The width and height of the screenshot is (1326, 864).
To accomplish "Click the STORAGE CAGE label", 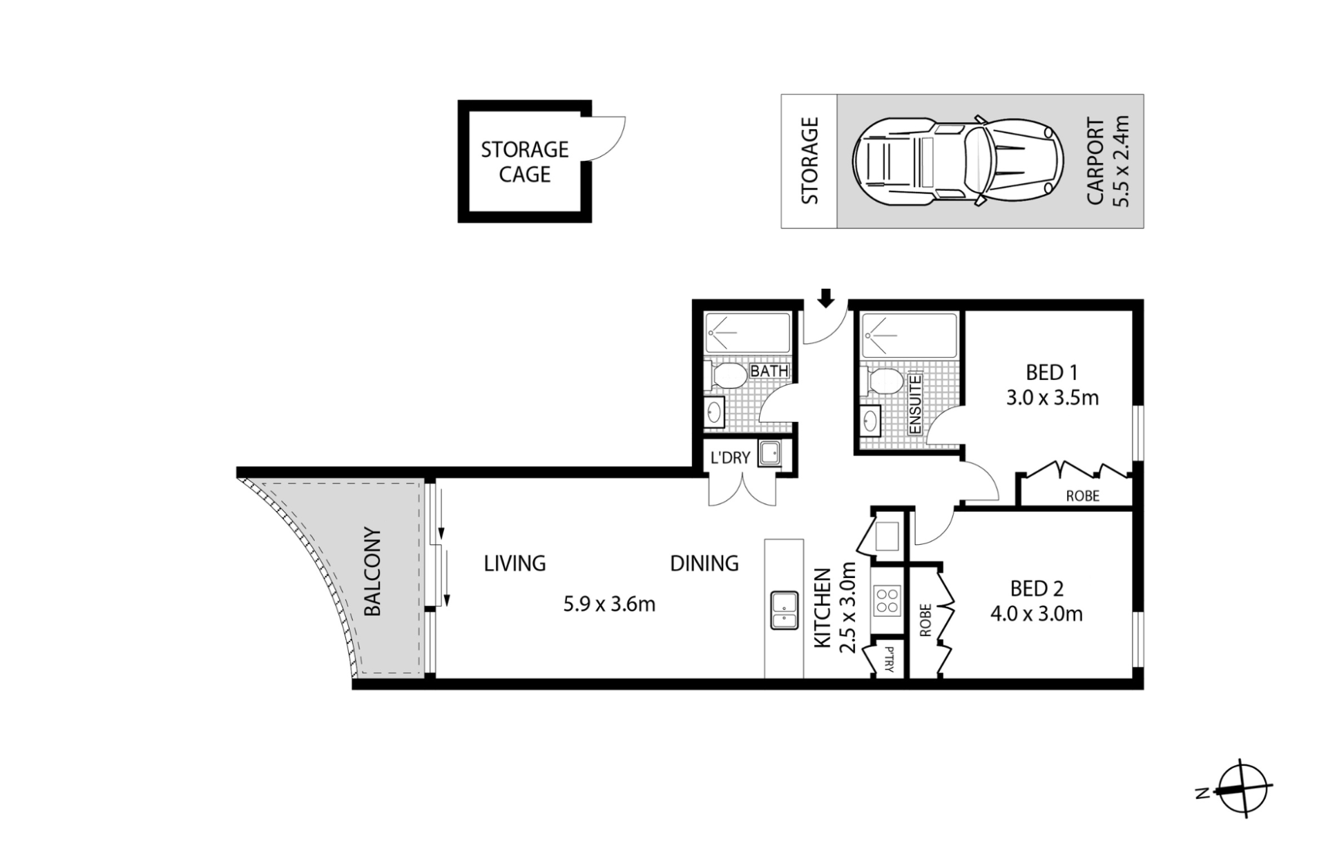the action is (x=525, y=162).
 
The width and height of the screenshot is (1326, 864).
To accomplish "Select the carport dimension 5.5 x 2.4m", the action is (x=1120, y=161).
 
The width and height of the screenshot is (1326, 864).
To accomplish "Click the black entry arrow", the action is (x=826, y=298).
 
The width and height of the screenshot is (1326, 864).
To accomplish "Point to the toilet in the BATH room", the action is (x=727, y=376).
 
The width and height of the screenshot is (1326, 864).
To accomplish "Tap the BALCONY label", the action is (x=373, y=572).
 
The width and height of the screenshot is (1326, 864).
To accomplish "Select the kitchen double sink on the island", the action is (x=785, y=610).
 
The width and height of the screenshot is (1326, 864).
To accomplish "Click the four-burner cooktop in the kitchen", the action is (x=887, y=600).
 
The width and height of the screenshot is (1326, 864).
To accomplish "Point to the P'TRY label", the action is (x=888, y=660).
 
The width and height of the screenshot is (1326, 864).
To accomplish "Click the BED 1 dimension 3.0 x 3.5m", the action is (x=1053, y=398).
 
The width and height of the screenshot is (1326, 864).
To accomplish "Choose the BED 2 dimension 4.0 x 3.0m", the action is (x=1037, y=613).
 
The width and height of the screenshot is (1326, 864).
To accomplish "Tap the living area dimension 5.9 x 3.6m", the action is (x=609, y=604).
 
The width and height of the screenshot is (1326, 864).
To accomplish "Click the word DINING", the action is (x=704, y=564).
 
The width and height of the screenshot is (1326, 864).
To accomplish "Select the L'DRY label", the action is (x=730, y=457).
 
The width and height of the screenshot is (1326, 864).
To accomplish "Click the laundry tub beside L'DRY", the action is (x=769, y=454).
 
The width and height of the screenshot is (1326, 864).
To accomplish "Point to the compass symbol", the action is (x=1242, y=789).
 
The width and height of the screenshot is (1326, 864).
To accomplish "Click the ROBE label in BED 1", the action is (x=1082, y=496).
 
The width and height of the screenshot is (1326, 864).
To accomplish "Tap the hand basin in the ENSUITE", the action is (x=871, y=420).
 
